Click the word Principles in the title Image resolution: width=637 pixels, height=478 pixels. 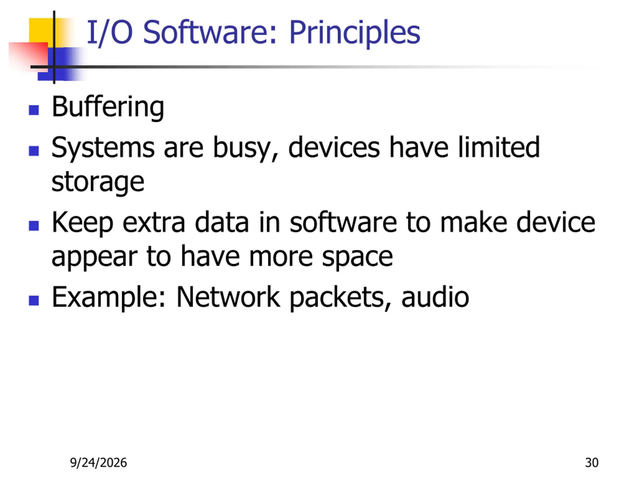click(x=355, y=33)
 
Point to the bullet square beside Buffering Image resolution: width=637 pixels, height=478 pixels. click(x=34, y=110)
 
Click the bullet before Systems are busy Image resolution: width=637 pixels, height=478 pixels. click(x=34, y=151)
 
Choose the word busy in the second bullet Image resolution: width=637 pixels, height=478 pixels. click(x=246, y=149)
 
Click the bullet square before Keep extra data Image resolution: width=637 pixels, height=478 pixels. click(x=34, y=226)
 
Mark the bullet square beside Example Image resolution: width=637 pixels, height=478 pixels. click(x=34, y=301)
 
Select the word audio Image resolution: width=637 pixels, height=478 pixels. click(x=435, y=297)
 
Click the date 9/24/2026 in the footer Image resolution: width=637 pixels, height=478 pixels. click(x=99, y=463)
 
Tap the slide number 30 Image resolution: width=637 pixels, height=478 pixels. click(x=592, y=463)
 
